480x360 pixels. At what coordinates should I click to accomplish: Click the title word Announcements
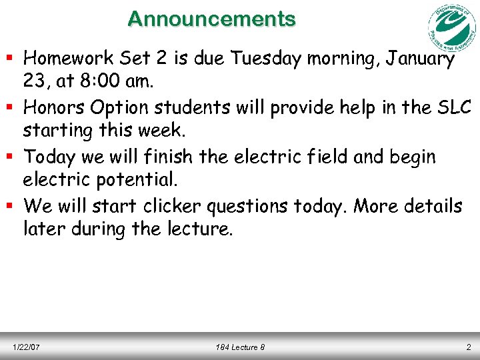tap(212, 19)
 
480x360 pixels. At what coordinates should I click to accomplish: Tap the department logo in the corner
tap(451, 28)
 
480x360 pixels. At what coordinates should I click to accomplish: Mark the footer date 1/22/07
tap(26, 347)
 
